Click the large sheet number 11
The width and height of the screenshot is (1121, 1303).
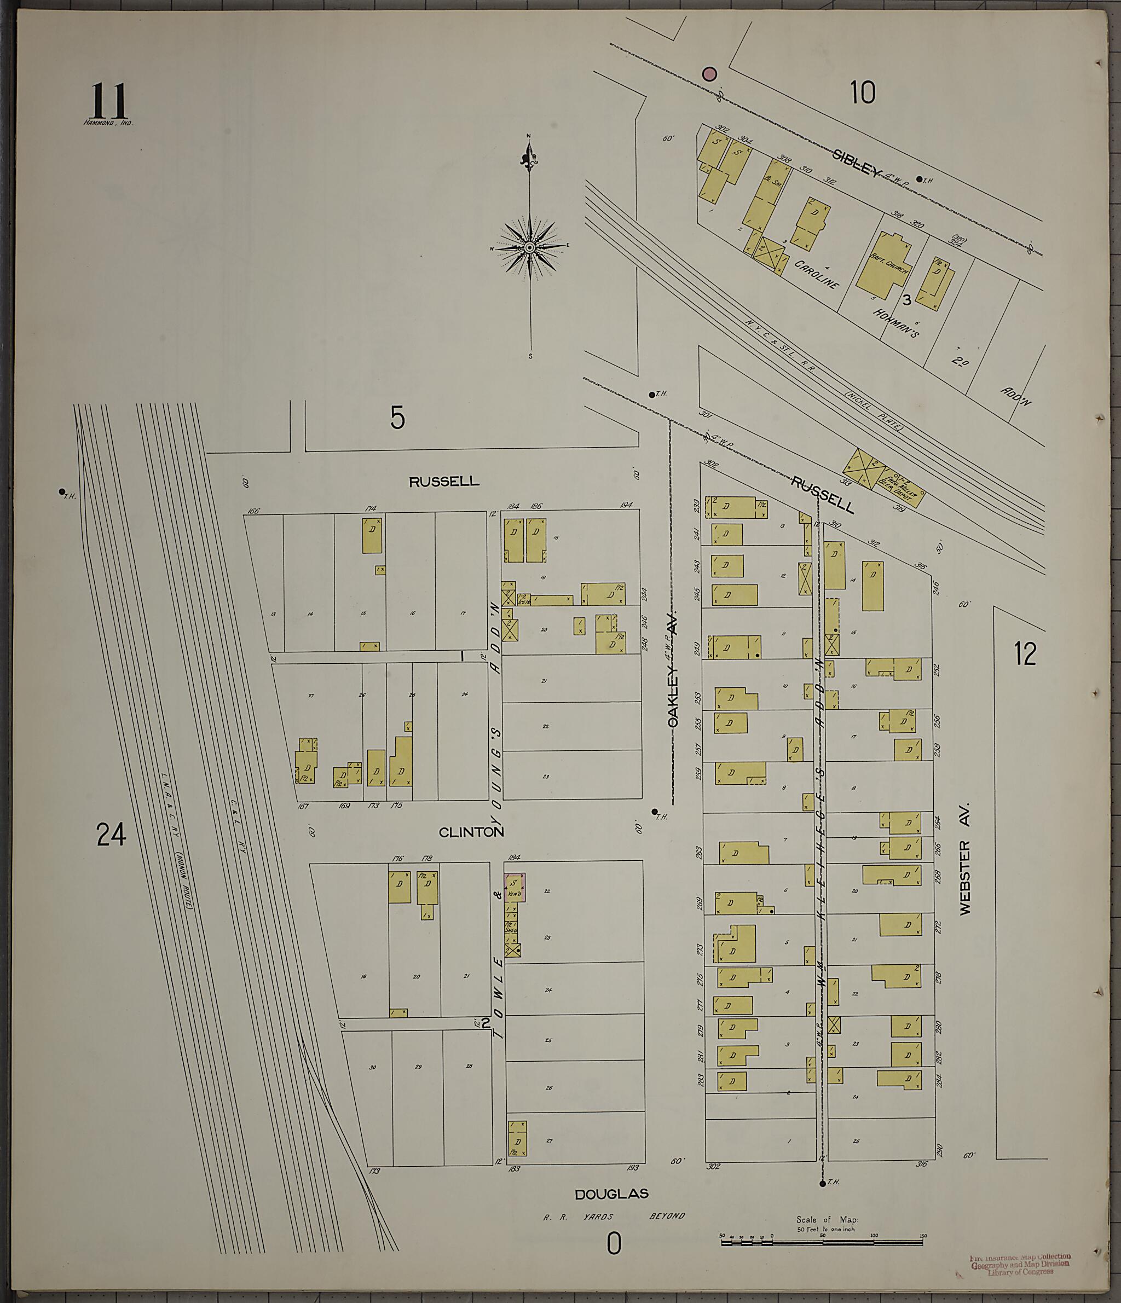click(x=109, y=101)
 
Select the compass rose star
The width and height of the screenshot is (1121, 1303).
click(x=530, y=247)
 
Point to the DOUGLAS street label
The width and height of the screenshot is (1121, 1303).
click(x=611, y=1194)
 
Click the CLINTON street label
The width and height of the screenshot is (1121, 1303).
click(x=471, y=832)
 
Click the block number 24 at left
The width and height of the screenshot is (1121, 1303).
click(x=111, y=835)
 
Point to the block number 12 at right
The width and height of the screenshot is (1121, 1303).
click(x=1025, y=654)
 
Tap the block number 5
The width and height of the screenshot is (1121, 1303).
click(x=397, y=418)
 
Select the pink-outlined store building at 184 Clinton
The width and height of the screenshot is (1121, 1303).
click(x=514, y=887)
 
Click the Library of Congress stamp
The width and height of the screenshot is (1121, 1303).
click(x=1020, y=1265)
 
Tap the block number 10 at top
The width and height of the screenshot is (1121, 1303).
click(x=863, y=93)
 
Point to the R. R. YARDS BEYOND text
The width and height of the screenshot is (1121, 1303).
click(x=614, y=1216)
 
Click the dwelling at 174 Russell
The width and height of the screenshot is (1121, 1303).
click(x=372, y=535)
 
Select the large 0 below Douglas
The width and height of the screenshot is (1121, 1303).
click(x=614, y=1243)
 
